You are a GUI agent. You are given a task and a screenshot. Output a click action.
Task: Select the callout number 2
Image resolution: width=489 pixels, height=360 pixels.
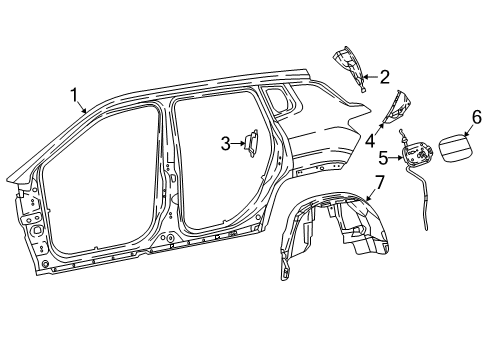click(x=384, y=76)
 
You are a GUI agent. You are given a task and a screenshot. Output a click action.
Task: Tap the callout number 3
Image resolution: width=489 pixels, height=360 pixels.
click(x=226, y=143)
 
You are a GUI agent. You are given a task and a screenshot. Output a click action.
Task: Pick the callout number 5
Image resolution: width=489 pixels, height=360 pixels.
click(x=384, y=156)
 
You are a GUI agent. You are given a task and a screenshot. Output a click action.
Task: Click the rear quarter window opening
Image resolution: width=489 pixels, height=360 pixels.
click(x=277, y=98)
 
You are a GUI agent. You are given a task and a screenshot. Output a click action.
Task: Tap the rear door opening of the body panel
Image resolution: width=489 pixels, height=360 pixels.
click(x=215, y=170)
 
